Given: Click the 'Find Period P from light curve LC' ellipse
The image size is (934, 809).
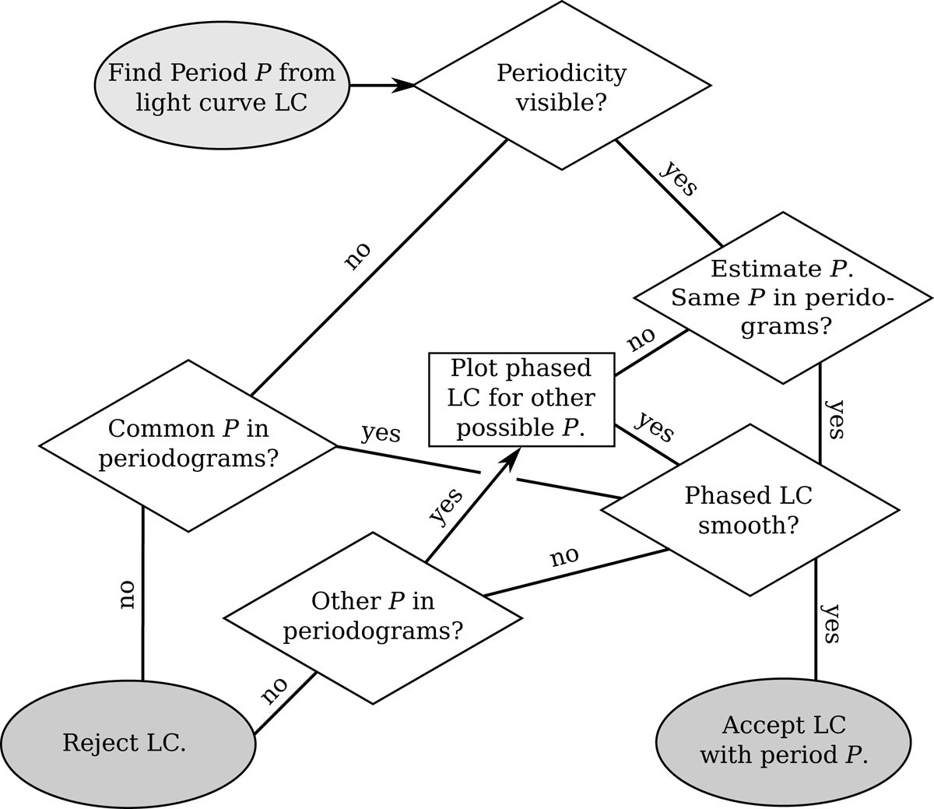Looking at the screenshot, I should [x=222, y=86].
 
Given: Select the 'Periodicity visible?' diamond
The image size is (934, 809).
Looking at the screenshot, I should [x=561, y=86].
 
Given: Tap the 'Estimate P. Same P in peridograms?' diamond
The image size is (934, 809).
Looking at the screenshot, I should [x=782, y=297].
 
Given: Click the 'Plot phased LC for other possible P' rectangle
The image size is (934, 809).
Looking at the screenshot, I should [x=521, y=398].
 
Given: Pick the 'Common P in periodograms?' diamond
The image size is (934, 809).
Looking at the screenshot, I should [x=188, y=445].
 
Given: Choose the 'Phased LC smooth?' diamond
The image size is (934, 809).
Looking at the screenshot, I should [x=749, y=510].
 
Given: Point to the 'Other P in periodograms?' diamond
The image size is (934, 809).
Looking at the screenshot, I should [x=373, y=617].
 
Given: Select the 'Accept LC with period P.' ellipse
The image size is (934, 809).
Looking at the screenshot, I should [x=783, y=740].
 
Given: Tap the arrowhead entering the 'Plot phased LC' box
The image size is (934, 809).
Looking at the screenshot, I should [x=510, y=459].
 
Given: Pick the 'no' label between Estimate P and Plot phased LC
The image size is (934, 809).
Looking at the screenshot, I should [x=641, y=339].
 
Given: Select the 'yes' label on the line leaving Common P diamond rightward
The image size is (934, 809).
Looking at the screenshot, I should [x=381, y=433].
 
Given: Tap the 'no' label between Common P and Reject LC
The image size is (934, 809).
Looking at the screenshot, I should [x=127, y=595].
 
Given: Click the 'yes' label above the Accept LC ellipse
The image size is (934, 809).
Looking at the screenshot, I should [x=830, y=623].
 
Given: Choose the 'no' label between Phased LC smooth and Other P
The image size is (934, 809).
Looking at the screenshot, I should [x=565, y=557].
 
